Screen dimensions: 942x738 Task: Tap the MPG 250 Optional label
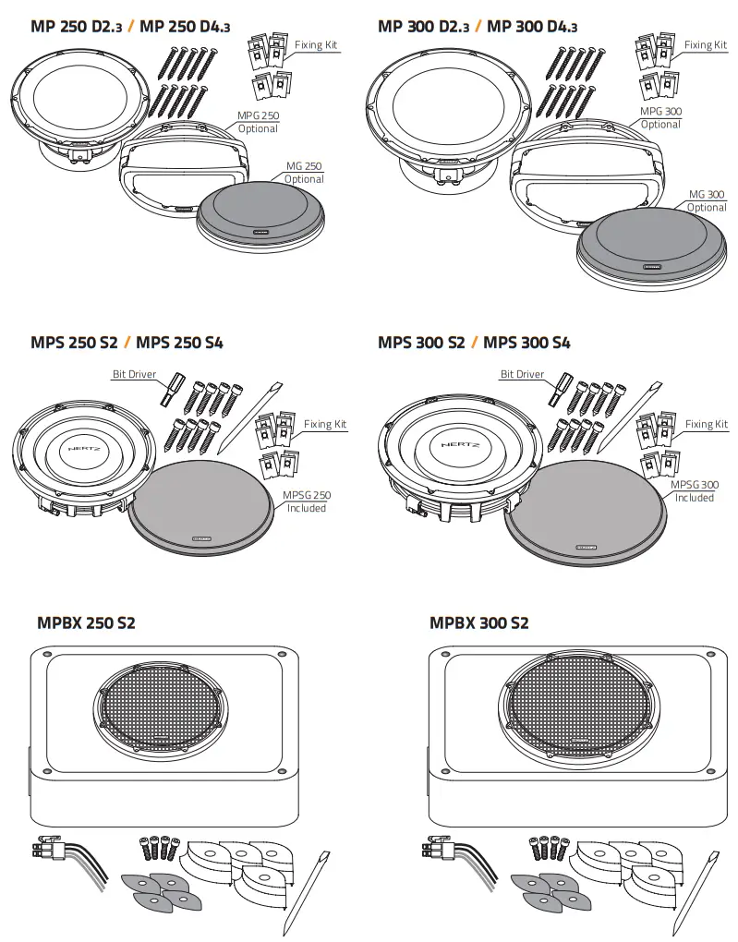tap(258, 122)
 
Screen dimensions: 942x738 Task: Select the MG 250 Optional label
tap(304, 173)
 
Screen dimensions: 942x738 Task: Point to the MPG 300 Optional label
tap(660, 117)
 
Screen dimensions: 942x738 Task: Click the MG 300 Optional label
tap(707, 201)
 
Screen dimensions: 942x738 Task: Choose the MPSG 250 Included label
tap(307, 501)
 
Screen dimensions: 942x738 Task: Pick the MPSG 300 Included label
tap(694, 491)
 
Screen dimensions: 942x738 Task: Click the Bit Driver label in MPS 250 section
tap(134, 374)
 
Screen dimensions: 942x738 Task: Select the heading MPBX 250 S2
tap(86, 622)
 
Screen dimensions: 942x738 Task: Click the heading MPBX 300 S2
tap(478, 622)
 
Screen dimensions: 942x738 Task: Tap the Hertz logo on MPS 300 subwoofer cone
tap(459, 442)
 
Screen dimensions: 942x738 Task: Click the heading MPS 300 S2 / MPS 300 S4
tap(474, 343)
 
